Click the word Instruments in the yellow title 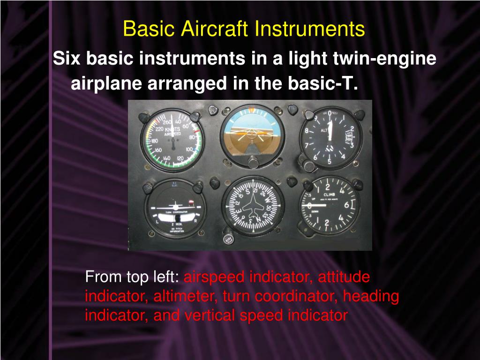[310, 29]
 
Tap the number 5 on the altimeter [330, 162]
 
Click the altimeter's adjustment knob [308, 165]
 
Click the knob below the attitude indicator [253, 163]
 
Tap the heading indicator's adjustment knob [229, 238]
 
